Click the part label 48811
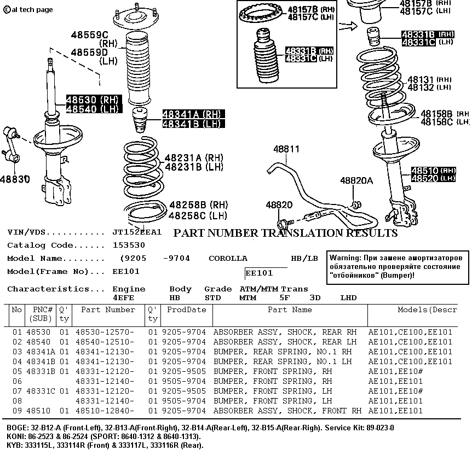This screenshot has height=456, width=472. point(286,149)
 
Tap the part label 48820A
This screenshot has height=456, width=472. point(356,181)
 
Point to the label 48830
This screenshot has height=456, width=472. point(15,179)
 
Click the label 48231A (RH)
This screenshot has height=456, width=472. point(194,157)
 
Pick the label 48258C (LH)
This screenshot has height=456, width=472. point(198,215)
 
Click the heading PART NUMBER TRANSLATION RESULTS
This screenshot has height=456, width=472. point(285,233)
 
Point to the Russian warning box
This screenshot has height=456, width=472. point(398,266)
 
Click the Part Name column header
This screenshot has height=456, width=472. point(290,309)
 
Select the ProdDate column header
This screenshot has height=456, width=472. point(187,309)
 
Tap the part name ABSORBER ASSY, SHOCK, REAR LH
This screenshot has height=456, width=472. point(285,342)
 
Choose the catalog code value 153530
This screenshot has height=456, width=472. point(129,245)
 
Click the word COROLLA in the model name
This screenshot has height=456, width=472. point(228,258)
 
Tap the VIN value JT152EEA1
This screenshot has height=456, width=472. point(137,232)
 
